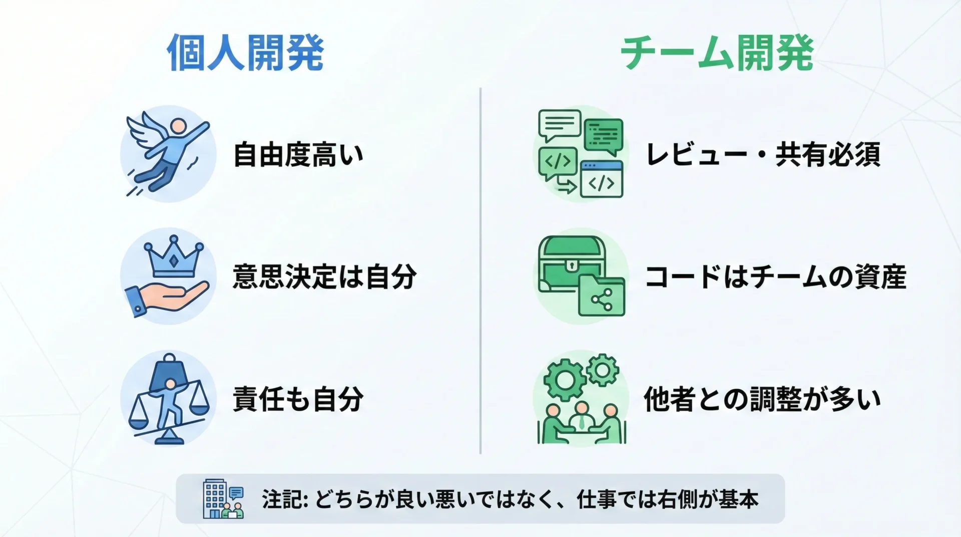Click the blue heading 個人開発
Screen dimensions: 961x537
tap(245, 53)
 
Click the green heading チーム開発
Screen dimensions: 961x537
tap(717, 53)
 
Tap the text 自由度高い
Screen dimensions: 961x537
tap(298, 154)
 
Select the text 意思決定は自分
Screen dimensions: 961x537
tap(324, 277)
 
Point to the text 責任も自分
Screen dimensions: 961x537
tap(298, 399)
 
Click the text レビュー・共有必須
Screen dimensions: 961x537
tap(763, 154)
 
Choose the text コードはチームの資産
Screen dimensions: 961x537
tap(776, 277)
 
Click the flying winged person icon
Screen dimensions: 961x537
tap(167, 153)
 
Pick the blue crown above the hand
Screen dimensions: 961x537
tap(173, 256)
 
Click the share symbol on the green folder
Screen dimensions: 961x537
tap(602, 300)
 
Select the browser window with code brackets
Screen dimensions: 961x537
tap(601, 179)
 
